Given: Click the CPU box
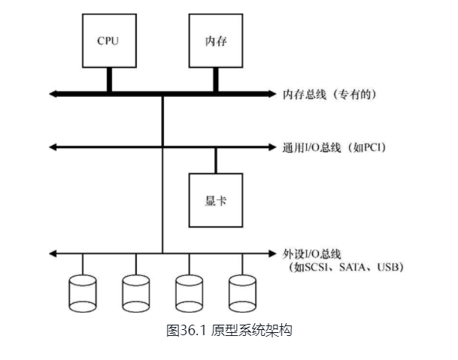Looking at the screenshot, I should (x=108, y=40).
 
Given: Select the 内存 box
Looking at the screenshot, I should (x=216, y=40).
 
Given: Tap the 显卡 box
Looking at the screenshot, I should (x=216, y=200).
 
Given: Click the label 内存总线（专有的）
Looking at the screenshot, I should (x=329, y=95).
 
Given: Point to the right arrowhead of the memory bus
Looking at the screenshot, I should (x=271, y=94).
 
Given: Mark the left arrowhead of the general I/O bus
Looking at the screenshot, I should (x=53, y=147).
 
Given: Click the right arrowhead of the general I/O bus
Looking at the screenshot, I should (x=272, y=147).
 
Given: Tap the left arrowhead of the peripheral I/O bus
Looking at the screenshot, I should (x=53, y=253).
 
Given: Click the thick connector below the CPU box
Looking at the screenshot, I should (x=108, y=79).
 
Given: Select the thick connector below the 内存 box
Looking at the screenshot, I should (x=216, y=79).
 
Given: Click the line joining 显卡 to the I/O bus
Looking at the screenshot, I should (x=216, y=160).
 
